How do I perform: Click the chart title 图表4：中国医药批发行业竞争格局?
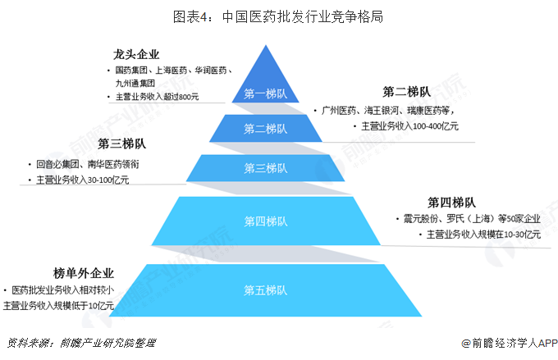click(278, 16)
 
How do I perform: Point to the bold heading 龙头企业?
click(136, 55)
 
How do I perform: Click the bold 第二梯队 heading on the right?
click(407, 91)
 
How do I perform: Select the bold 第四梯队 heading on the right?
click(452, 202)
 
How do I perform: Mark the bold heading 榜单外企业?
click(84, 273)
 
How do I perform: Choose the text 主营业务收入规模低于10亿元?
click(58, 306)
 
